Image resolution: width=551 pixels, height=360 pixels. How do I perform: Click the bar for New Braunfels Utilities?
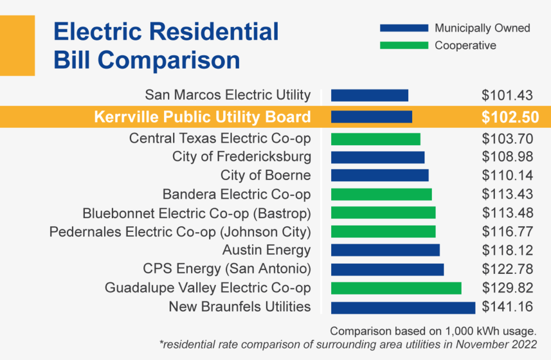403,307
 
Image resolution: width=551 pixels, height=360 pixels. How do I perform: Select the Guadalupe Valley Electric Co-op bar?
396,288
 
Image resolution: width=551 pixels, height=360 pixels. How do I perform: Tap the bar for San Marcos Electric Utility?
369,95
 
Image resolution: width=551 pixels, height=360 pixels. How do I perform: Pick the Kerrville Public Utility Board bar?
371,116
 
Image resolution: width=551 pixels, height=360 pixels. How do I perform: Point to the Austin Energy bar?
385,250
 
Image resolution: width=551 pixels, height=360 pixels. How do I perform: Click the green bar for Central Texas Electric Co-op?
375,138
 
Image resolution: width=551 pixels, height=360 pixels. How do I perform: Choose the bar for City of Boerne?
380,175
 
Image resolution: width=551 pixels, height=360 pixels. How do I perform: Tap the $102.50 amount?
510,117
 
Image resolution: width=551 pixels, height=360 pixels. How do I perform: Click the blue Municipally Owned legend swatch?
404,28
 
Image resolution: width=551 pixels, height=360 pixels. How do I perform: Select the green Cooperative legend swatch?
404,46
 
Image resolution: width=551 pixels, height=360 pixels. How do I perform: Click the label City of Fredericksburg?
241,157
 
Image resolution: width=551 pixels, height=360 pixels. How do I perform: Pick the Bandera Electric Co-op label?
236,194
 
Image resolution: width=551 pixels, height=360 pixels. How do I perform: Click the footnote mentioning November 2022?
346,344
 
